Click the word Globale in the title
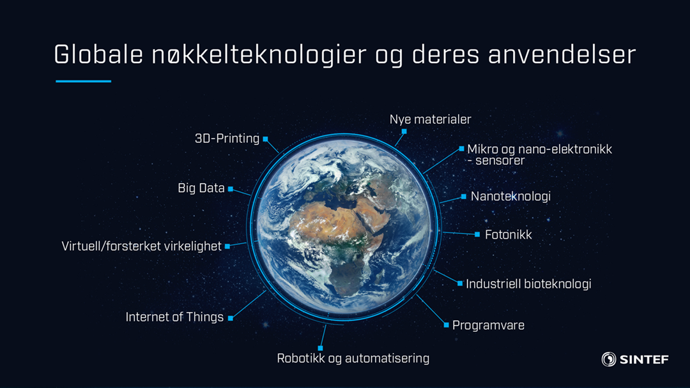98,54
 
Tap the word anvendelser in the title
562,54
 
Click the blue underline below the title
83,81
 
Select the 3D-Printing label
227,138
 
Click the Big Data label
201,188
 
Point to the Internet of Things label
174,317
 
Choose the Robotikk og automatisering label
353,358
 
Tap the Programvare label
489,325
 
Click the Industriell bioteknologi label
528,284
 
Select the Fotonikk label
509,235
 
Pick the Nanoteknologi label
511,197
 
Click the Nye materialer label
431,119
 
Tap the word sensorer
500,160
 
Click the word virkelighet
193,246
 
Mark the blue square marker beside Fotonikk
477,235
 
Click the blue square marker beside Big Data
230,189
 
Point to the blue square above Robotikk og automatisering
320,348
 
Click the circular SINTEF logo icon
609,359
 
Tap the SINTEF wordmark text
644,359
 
